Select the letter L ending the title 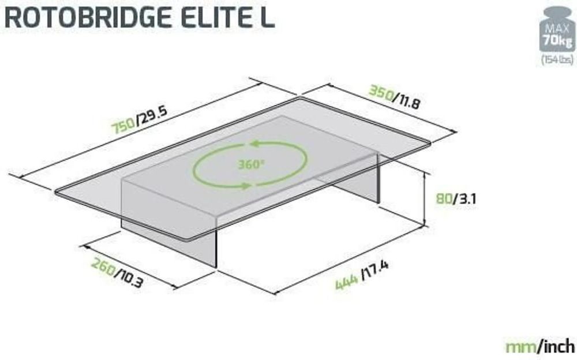tap(266, 17)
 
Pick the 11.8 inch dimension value tap(407, 103)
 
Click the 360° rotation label tap(251, 164)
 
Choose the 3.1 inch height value tap(464, 200)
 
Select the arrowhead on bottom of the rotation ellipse tap(246, 186)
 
